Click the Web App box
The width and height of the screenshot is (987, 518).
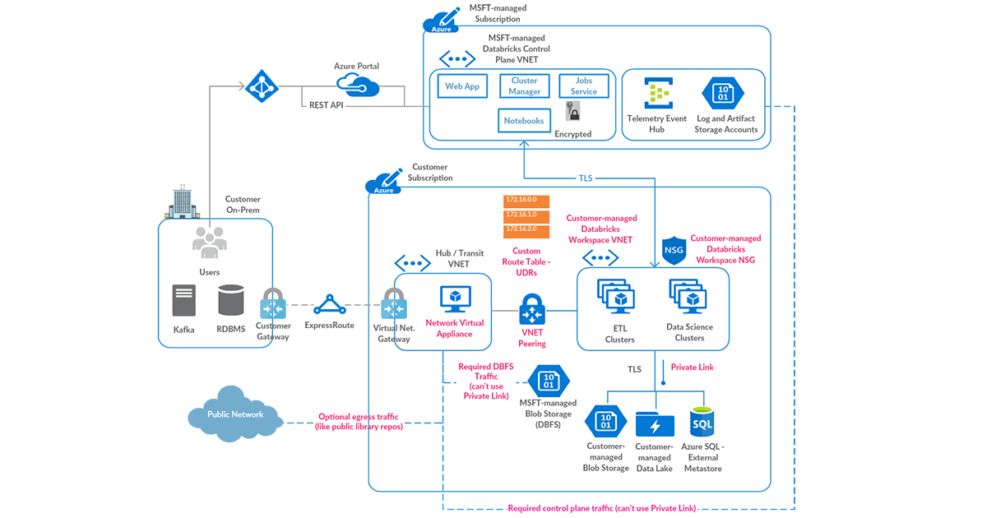coord(462,86)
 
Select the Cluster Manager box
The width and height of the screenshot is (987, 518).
coord(524,86)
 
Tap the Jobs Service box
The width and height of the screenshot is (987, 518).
coord(584,86)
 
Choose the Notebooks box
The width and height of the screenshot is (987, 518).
coord(524,121)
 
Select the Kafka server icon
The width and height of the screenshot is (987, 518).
coord(184,301)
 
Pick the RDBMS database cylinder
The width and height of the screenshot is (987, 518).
coord(231,301)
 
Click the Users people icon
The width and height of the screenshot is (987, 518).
coord(209,242)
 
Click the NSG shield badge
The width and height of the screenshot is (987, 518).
coord(674,251)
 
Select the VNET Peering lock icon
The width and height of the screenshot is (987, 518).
coord(532,311)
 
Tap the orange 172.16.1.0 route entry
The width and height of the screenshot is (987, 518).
coord(526,214)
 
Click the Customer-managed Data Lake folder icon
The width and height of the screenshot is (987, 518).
coord(655,424)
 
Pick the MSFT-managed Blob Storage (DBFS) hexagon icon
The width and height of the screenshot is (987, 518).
coord(549,381)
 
